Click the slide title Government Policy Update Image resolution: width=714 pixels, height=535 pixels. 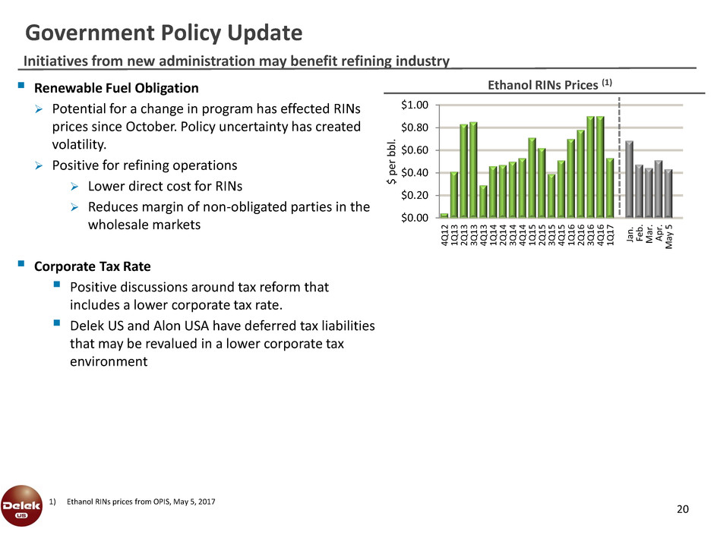click(164, 33)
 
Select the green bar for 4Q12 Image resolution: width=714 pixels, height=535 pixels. click(444, 216)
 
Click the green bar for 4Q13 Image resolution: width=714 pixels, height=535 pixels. click(483, 202)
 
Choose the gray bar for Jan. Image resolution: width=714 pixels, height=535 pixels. click(629, 180)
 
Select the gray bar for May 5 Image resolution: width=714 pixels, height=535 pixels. click(668, 194)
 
